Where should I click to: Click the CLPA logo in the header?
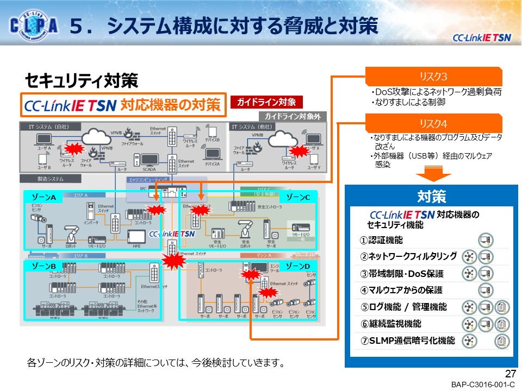[34, 26]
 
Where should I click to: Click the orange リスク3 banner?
[433, 76]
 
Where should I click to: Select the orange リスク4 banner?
[433, 123]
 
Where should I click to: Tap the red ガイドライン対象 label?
[265, 102]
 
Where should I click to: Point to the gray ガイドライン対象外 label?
[292, 116]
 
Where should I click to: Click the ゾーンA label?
[44, 198]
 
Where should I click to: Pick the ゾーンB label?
[44, 266]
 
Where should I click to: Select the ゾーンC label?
[298, 198]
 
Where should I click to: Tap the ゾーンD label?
[298, 266]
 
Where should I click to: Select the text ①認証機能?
[381, 240]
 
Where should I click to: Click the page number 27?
[510, 374]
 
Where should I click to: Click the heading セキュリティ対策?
[81, 81]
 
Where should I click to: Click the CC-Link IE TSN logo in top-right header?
[482, 37]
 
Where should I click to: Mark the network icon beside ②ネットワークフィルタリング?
[468, 257]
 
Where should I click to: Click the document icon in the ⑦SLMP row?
[502, 341]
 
